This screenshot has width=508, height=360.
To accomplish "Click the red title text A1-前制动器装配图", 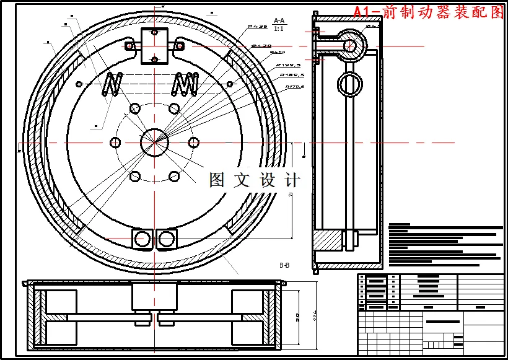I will coord(429,12).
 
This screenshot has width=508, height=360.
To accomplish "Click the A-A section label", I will coord(279,20).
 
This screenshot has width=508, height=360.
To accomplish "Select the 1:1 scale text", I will coord(279,29).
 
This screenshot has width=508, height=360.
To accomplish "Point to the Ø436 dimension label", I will coord(257,27).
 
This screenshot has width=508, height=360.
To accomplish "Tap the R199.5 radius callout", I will coord(288,64).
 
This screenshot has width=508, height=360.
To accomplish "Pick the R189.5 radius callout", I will coord(292,75).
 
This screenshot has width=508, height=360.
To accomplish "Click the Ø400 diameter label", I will coord(277,53).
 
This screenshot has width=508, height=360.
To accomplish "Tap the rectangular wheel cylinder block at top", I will coord(154,45).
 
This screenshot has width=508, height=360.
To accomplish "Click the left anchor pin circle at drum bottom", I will coord(142,238).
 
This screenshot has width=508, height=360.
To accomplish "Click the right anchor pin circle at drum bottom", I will coord(166,238).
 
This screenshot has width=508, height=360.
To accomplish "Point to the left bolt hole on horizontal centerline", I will coord(115,142).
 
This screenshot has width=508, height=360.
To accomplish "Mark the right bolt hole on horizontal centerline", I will coord(193,142).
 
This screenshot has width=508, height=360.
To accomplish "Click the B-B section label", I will coord(284,265).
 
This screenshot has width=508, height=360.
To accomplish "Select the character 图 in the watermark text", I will coord(217,180).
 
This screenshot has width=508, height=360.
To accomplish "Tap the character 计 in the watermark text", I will coord(291,180).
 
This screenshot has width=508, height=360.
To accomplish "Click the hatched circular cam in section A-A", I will coord(351,45).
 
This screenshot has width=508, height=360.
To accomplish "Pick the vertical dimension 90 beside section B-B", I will coord(297,317).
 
